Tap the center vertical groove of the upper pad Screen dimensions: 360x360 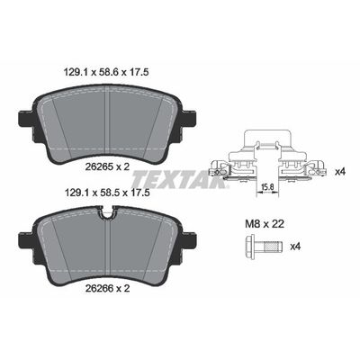pyautogui.click(x=108, y=117)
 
